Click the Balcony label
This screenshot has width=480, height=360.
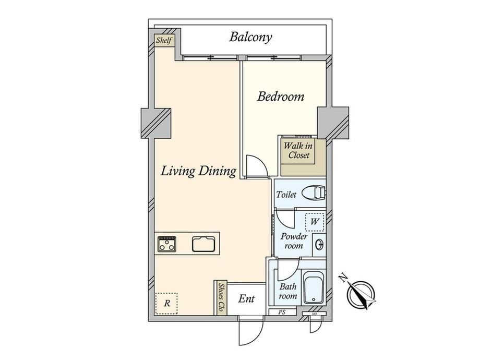pyautogui.click(x=250, y=38)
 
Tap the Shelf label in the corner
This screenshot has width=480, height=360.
pyautogui.click(x=164, y=40)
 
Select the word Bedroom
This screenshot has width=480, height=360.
pyautogui.click(x=281, y=97)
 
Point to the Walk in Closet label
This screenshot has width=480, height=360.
pyautogui.click(x=298, y=150)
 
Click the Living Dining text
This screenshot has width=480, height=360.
pyautogui.click(x=198, y=171)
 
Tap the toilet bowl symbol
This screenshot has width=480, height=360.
pyautogui.click(x=314, y=194)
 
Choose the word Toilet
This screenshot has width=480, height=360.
pyautogui.click(x=286, y=195)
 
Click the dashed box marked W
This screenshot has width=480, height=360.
pyautogui.click(x=315, y=222)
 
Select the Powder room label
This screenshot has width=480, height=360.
pyautogui.click(x=294, y=241)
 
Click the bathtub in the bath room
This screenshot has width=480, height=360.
pyautogui.click(x=313, y=287)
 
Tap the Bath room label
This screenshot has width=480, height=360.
pyautogui.click(x=288, y=291)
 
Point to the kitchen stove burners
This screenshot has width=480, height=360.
pyautogui.click(x=166, y=244)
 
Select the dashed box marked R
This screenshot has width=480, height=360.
pyautogui.click(x=166, y=303)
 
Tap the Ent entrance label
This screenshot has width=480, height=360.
pyautogui.click(x=246, y=299)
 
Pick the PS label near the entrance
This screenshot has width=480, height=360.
pyautogui.click(x=282, y=313)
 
